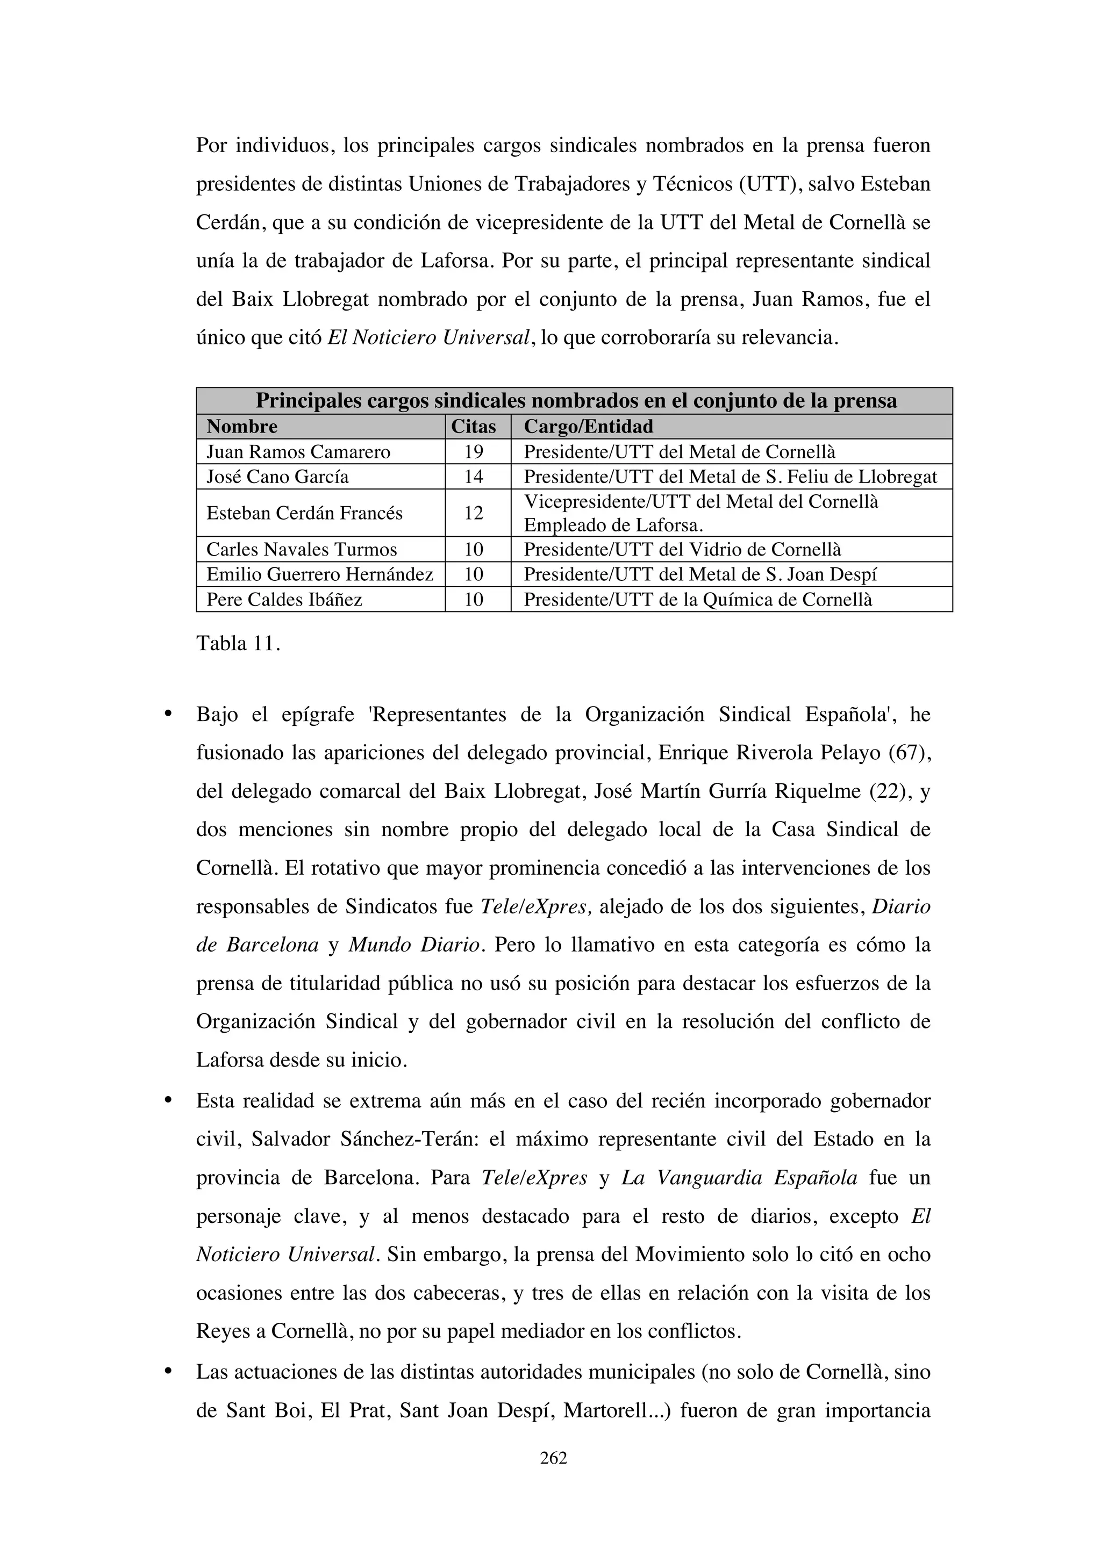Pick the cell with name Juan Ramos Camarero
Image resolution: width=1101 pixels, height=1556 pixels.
click(x=298, y=451)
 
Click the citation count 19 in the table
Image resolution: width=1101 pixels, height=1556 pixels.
click(x=473, y=451)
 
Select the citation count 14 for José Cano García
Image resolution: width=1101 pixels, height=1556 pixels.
click(x=473, y=477)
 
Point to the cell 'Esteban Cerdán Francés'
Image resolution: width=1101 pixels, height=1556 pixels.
click(x=304, y=513)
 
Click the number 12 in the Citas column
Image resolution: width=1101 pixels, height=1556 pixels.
click(x=473, y=513)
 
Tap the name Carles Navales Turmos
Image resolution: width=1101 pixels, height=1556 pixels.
click(x=302, y=549)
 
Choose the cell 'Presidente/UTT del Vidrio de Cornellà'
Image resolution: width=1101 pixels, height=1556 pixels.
click(x=682, y=549)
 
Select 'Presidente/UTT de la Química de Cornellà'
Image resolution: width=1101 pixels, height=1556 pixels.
click(x=698, y=599)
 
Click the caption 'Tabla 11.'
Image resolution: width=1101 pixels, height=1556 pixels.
click(x=238, y=643)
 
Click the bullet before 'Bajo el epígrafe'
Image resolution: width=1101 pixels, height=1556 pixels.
click(x=167, y=714)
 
